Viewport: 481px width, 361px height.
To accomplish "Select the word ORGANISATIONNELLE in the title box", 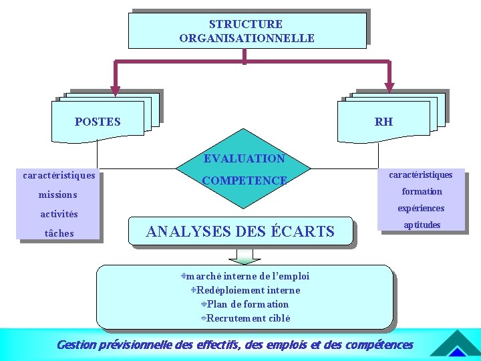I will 247,38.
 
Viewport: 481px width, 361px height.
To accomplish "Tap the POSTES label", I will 98,122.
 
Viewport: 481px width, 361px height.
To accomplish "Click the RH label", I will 384,122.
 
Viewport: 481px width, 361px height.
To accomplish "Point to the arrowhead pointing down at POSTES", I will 115,91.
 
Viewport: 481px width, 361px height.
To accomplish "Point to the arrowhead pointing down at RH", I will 389,88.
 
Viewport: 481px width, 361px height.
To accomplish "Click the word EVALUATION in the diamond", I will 245,159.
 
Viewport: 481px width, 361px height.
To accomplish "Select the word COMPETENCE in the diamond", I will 245,180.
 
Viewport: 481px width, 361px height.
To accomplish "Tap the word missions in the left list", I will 58,195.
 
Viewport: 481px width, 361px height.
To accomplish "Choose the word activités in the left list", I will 59,215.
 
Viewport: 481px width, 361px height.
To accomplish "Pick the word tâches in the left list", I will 59,233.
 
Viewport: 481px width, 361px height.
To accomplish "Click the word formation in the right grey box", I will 422,192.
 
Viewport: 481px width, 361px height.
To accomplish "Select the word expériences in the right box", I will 421,209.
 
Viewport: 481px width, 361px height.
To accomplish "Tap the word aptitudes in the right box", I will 422,225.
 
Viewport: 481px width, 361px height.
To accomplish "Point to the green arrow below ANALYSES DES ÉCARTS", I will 245,256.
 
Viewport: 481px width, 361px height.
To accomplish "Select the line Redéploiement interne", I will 248,290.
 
